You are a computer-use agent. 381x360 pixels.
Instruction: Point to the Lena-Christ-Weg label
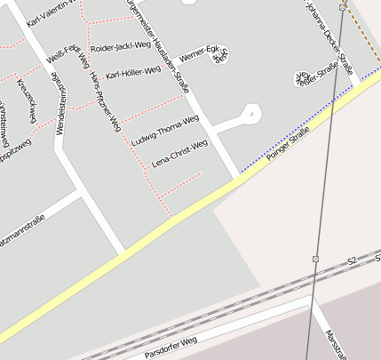click(180, 153)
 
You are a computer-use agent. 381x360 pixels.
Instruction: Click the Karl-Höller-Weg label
click(133, 72)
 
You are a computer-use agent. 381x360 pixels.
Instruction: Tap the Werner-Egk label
click(199, 52)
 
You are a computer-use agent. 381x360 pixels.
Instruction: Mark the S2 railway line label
click(352, 260)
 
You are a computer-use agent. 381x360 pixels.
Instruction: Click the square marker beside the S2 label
click(315, 259)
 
